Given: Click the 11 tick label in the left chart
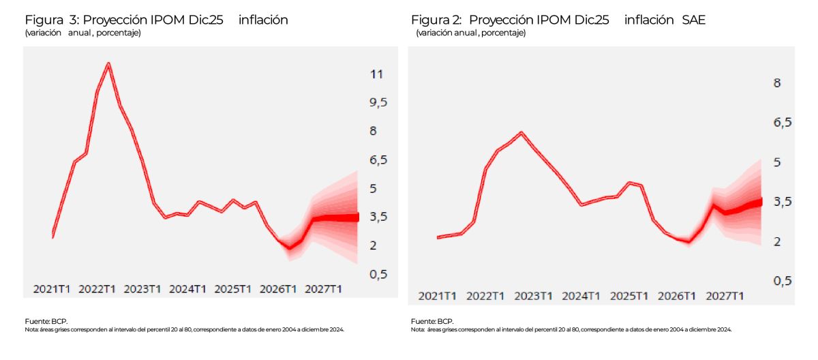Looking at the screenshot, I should pos(376,74).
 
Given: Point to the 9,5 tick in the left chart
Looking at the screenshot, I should pos(378,102).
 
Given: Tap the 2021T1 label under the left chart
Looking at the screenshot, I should pos(52,289).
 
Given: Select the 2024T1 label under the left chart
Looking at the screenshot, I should pos(187,289).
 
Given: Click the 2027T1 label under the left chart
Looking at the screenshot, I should pos(323,289).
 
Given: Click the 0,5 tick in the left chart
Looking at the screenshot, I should pos(378,274).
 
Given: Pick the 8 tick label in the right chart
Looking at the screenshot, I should pos(776,82).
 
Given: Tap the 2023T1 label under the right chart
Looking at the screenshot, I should pos(532,296).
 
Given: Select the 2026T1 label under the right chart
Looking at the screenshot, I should pos(676,296).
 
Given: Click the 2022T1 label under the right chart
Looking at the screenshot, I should pos(485,296).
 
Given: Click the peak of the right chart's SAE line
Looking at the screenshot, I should pos(521,132).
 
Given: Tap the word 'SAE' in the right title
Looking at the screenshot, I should pos(694,20).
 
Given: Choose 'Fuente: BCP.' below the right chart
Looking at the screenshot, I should pos(431,321).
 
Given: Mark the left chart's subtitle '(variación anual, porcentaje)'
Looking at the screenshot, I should pos(82,33).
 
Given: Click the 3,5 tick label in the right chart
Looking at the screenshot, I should pos(776,202).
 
